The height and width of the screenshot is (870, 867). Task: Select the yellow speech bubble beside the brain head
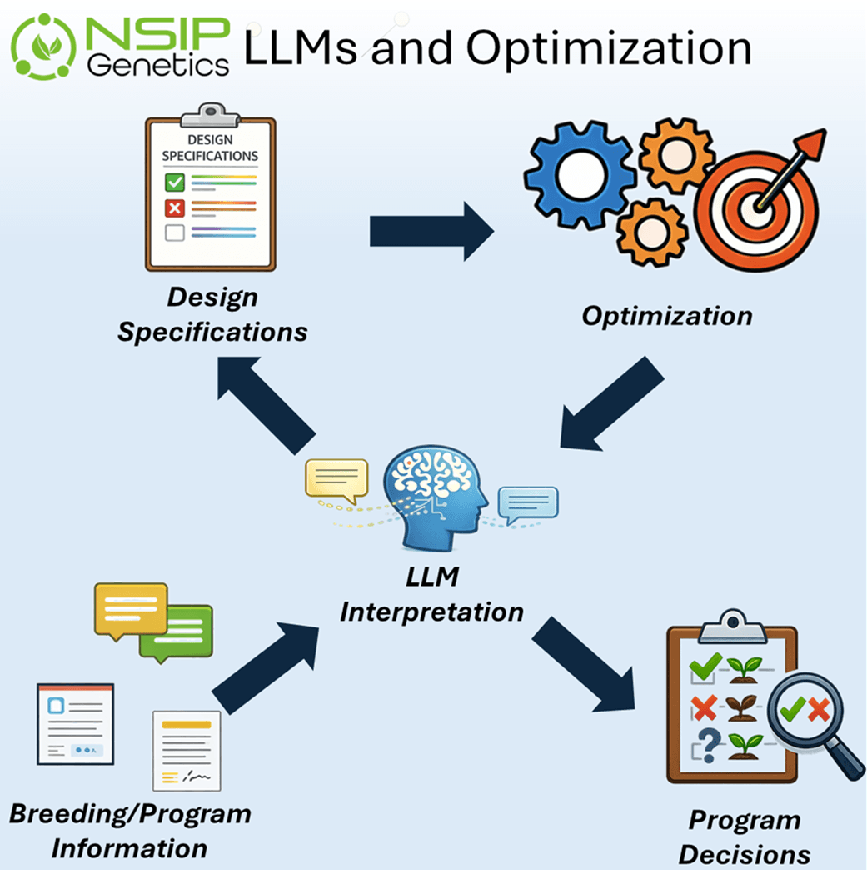tap(336, 480)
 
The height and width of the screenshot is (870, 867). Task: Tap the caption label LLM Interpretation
tap(432, 593)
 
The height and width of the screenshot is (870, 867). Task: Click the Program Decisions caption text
tap(744, 837)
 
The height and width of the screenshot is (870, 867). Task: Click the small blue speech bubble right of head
tap(527, 503)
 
